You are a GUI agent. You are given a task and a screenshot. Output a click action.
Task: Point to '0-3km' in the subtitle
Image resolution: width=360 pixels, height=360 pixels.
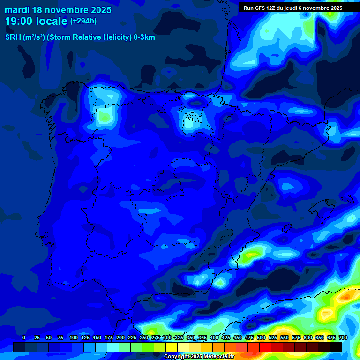144,37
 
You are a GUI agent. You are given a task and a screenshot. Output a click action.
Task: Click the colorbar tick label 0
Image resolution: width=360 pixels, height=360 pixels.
24,337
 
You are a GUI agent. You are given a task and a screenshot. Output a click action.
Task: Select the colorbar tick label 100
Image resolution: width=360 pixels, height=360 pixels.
73,337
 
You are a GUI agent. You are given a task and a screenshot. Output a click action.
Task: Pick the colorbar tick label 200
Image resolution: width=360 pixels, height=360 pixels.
120,337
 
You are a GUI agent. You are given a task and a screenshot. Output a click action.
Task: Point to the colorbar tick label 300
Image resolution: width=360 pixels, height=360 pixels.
167,337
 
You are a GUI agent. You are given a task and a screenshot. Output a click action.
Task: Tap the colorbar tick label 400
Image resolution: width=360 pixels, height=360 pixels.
214,337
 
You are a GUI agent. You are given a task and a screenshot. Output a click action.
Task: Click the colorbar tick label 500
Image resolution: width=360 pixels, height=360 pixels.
261,337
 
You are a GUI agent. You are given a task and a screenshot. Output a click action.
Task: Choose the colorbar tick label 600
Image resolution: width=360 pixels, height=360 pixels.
308,337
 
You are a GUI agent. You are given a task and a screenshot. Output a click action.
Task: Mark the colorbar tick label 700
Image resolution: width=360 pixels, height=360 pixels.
343,337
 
